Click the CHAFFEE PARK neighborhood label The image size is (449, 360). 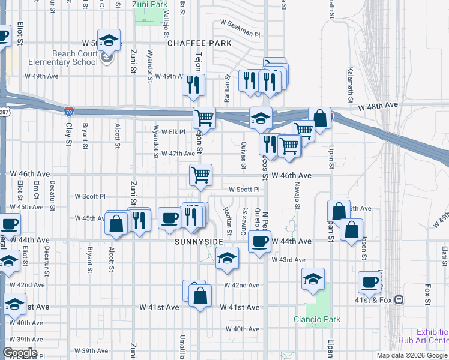click(199, 43)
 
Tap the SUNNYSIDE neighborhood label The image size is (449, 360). click(199, 242)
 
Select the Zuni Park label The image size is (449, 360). click(149, 5)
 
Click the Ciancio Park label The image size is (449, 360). click(317, 319)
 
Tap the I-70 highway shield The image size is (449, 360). click(69, 110)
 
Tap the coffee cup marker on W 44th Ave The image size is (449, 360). click(259, 242)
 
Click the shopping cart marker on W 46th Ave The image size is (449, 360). click(200, 175)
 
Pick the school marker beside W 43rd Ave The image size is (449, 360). click(226, 259)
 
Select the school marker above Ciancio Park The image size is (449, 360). click(313, 279)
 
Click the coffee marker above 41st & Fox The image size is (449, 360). click(369, 282)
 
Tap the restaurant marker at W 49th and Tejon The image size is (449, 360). click(193, 85)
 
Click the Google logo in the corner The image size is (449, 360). click(20, 353)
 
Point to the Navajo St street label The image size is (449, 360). click(297, 197)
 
